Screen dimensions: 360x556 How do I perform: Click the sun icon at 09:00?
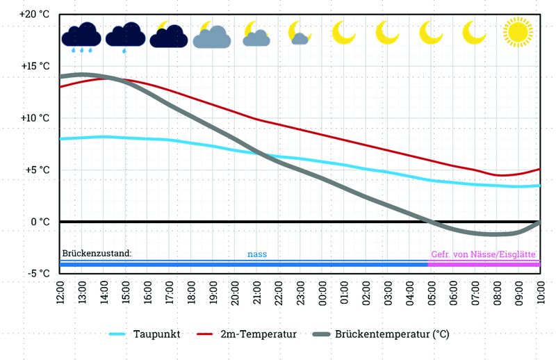517,32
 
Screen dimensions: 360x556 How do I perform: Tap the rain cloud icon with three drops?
81,37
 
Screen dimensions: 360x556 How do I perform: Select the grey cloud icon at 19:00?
212,35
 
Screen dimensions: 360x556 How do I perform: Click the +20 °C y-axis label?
35,15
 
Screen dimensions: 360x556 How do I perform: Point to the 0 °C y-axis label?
39,222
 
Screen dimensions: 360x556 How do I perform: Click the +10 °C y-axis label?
35,118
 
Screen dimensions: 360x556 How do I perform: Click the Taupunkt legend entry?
145,334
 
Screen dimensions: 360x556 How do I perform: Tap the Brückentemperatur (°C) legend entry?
382,334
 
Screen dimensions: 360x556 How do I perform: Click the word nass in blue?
257,254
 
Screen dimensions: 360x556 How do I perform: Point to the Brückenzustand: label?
97,254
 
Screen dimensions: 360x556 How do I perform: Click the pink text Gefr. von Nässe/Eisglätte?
483,254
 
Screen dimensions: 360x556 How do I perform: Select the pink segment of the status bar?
484,264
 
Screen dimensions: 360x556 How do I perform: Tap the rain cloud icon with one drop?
125,37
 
